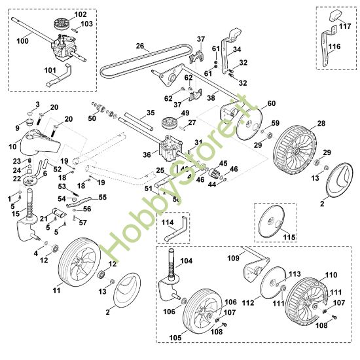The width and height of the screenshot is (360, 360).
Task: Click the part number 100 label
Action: (x=22, y=41)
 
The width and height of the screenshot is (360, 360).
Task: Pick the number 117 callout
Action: (x=345, y=26)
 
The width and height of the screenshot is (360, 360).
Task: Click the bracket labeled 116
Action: (x=326, y=48)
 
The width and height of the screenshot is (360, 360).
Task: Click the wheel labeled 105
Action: (x=203, y=310)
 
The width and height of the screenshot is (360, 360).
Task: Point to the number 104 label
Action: (x=186, y=261)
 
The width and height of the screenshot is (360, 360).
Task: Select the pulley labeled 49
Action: (x=170, y=122)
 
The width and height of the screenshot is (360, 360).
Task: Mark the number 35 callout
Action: (x=151, y=113)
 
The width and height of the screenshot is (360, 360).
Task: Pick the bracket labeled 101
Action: (x=58, y=76)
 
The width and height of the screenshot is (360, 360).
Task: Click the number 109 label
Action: (x=233, y=259)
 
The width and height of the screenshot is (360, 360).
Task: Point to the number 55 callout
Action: (x=103, y=197)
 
